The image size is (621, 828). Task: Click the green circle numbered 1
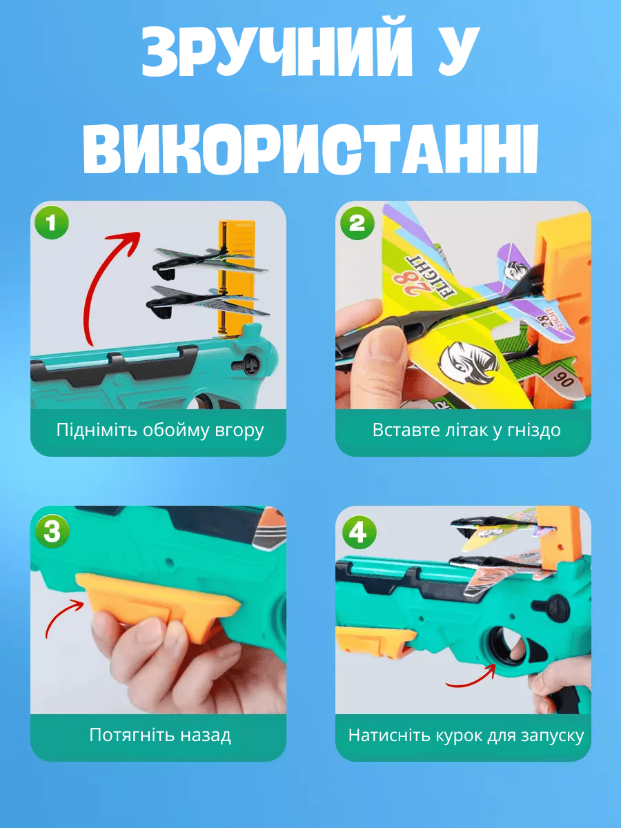(52, 222)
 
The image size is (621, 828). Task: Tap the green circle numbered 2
(357, 223)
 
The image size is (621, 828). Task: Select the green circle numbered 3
(52, 531)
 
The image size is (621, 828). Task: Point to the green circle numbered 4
(359, 533)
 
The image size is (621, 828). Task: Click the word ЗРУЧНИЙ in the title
(277, 52)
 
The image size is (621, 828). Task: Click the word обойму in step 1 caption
(176, 431)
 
